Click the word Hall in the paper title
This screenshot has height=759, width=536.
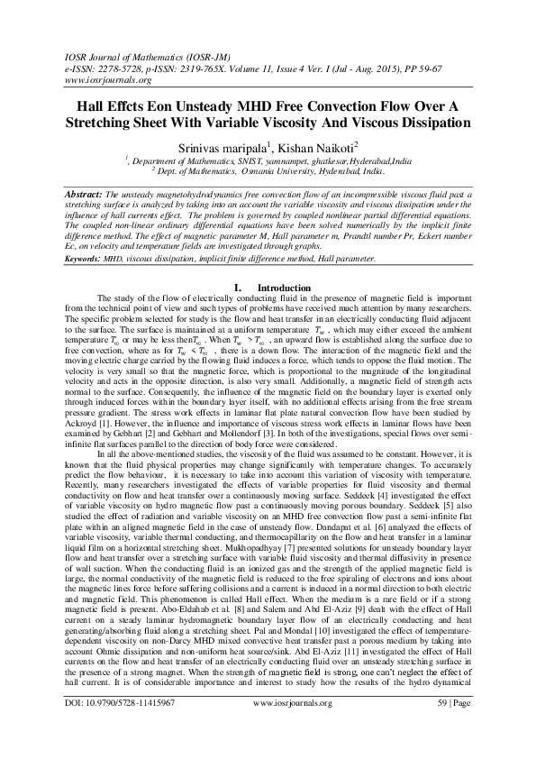[x=87, y=105]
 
